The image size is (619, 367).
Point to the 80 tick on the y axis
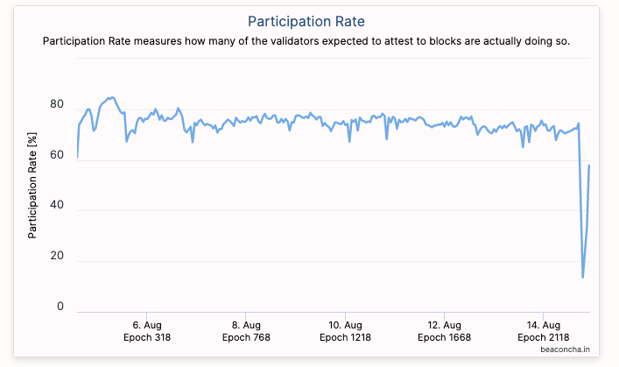[x=57, y=104]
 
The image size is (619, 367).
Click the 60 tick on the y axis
[x=57, y=155]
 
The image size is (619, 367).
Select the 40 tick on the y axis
[x=57, y=205]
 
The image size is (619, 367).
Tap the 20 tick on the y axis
[x=57, y=256]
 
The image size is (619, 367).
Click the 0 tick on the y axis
[x=60, y=306]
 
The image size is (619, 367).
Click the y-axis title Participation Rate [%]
[x=32, y=187]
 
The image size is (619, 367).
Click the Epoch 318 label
[x=146, y=337]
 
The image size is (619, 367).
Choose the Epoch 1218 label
[x=346, y=337]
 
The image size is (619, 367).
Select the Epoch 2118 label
[x=544, y=337]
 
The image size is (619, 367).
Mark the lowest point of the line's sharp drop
[x=583, y=278]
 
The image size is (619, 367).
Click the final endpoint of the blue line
[x=589, y=165]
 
